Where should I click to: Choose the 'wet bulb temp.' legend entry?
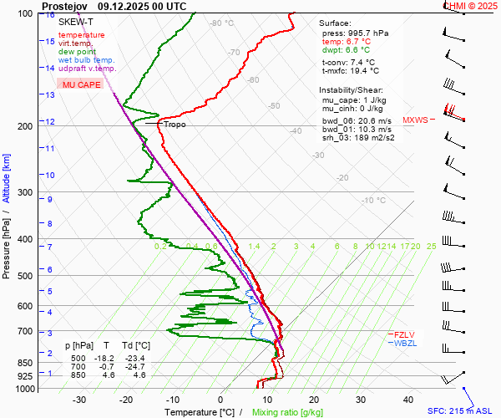pyautogui.click(x=86, y=60)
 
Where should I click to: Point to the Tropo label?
pyautogui.click(x=175, y=125)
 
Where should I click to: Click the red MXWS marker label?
pyautogui.click(x=415, y=120)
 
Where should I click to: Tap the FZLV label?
pyautogui.click(x=404, y=334)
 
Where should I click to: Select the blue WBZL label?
pyautogui.click(x=405, y=343)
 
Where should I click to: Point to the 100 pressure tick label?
pyautogui.click(x=25, y=13)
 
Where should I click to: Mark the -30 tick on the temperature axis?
pyautogui.click(x=80, y=400)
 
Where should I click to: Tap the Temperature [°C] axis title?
pyautogui.click(x=199, y=412)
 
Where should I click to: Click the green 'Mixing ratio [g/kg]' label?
pyautogui.click(x=288, y=412)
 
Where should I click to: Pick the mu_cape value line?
pyautogui.click(x=351, y=99)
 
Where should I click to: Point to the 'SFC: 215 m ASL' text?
pyautogui.click(x=460, y=411)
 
